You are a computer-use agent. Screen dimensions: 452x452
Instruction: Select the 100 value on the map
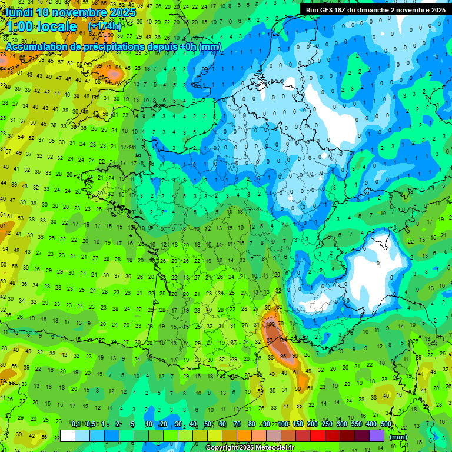click(271, 324)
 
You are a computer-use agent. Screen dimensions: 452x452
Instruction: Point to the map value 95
click(284, 356)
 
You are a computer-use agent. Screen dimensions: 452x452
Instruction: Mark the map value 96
click(295, 356)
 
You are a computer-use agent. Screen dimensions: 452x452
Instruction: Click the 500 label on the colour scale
click(385, 424)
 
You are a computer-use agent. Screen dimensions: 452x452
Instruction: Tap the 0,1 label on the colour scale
click(76, 424)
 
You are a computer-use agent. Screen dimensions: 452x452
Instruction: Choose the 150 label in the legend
click(298, 424)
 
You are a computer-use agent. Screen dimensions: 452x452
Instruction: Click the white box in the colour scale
click(68, 436)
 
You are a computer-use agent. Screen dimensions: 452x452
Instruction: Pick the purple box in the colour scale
click(377, 436)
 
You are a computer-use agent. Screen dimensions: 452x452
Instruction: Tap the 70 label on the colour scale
click(237, 424)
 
